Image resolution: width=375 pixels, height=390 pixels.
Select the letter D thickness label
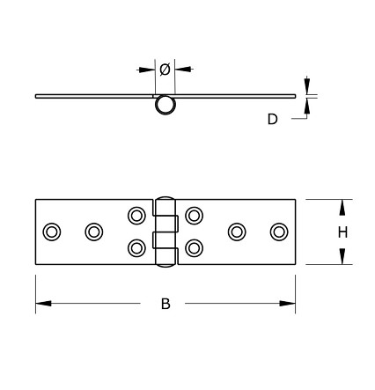coord(273,118)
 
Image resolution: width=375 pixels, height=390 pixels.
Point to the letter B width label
coord(165,304)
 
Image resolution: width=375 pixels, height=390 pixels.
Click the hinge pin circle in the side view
coord(165,105)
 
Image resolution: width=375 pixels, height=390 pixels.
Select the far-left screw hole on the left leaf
coord(51,232)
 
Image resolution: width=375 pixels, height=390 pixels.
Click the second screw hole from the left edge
coord(93,232)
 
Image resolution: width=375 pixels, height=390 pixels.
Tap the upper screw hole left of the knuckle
coord(136,216)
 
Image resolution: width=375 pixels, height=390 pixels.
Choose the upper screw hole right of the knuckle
coord(195,216)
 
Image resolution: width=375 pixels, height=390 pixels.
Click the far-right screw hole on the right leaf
coord(279,232)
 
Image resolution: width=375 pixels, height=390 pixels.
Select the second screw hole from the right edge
coord(236,232)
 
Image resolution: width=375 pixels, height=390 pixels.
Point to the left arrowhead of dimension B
coord(40,304)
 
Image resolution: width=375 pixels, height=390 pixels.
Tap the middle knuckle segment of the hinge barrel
coord(165,239)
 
